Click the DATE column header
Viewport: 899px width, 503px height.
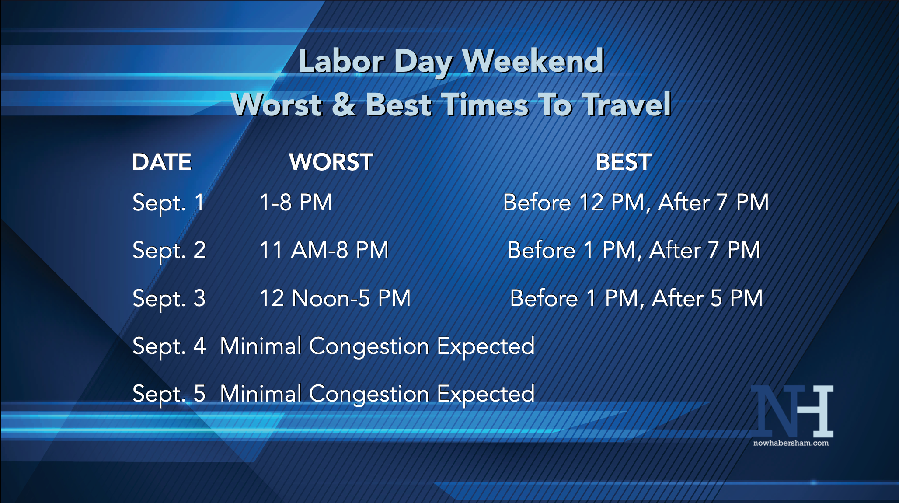point(162,162)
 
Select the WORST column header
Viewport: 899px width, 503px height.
point(331,162)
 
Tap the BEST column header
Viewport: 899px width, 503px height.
point(624,162)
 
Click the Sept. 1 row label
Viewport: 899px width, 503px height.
point(168,203)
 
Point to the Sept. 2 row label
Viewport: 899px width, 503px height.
point(169,251)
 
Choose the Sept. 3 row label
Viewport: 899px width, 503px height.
point(169,299)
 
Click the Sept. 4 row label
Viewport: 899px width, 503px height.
point(169,346)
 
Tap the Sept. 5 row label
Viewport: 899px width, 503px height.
point(169,394)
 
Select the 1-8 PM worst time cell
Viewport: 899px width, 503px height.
point(296,203)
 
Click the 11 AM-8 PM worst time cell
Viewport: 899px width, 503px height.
point(324,250)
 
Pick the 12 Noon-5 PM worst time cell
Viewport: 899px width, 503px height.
point(335,298)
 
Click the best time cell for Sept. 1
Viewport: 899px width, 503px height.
point(636,203)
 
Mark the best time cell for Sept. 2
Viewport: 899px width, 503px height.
point(634,251)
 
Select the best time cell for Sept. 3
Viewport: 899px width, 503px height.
point(636,298)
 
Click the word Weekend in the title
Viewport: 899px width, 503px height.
point(533,61)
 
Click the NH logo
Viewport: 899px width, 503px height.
point(792,411)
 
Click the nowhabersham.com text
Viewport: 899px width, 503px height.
point(791,443)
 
